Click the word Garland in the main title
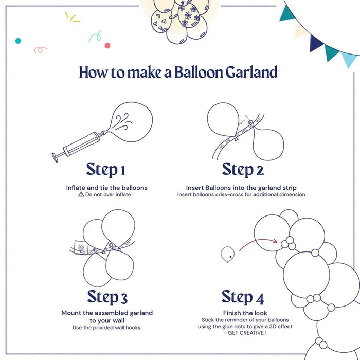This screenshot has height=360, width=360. tap(251, 73)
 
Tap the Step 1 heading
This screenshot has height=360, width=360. tap(105, 169)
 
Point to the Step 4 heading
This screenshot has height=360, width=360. tap(243, 297)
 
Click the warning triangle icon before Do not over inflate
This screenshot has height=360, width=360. tap(81, 195)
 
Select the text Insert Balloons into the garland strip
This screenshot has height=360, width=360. tap(241, 188)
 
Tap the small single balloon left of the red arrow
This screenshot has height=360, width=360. tap(227, 253)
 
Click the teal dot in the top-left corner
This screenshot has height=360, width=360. tap(18, 40)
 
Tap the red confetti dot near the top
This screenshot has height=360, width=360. tap(107, 45)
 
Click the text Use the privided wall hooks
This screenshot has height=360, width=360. tap(107, 328)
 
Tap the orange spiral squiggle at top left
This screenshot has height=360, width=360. tap(41, 50)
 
